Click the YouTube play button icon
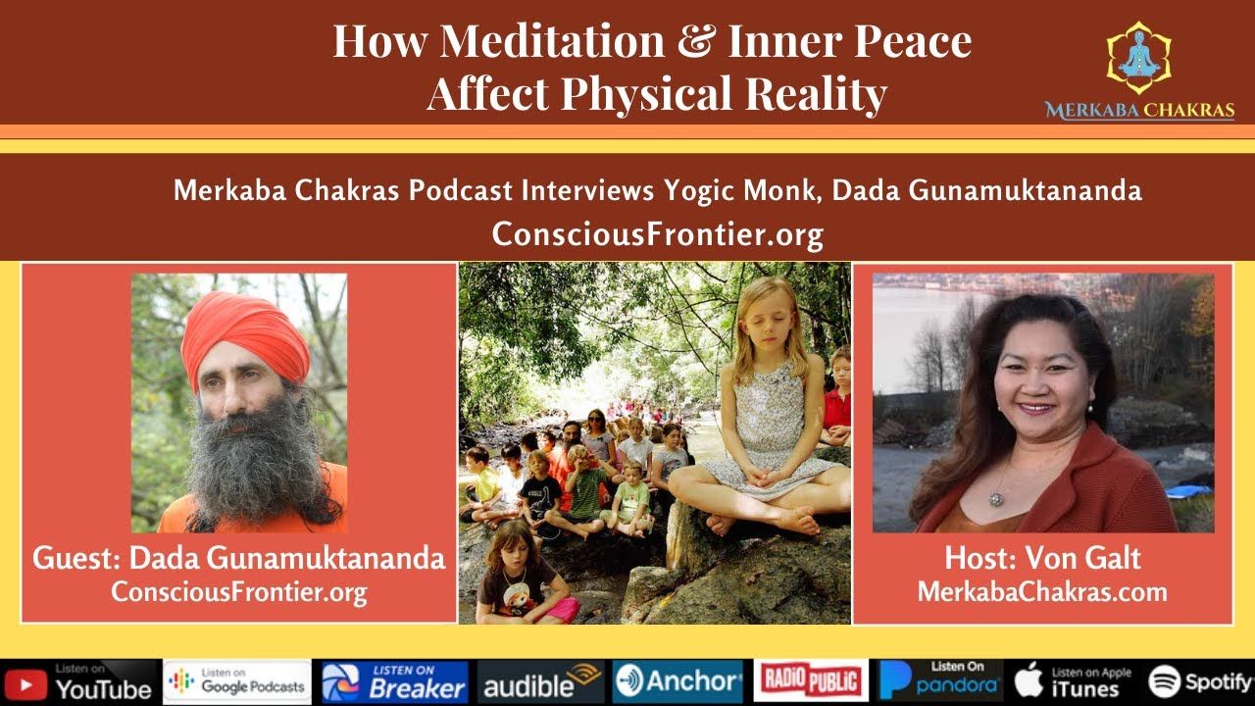point(25,685)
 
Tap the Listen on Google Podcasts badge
point(237,681)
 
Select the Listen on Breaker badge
point(394,681)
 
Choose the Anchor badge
point(678,681)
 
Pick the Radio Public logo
point(810,681)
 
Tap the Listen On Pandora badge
point(940,681)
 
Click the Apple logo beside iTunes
point(1029,681)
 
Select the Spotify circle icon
point(1164,681)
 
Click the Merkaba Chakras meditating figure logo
point(1139,57)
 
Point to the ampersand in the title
point(696,40)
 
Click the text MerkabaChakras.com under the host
point(1042,592)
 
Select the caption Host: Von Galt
point(1042,559)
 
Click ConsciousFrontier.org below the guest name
point(239,592)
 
